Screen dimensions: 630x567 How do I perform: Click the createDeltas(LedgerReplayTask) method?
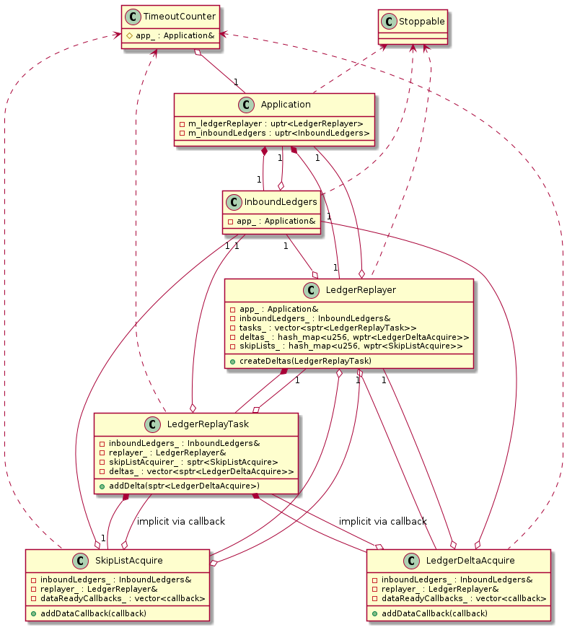tap(301, 360)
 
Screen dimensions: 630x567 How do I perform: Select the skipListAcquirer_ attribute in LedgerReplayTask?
tap(189, 461)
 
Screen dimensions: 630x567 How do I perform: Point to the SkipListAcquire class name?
tap(127, 561)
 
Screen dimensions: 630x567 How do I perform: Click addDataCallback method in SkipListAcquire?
tap(89, 613)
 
